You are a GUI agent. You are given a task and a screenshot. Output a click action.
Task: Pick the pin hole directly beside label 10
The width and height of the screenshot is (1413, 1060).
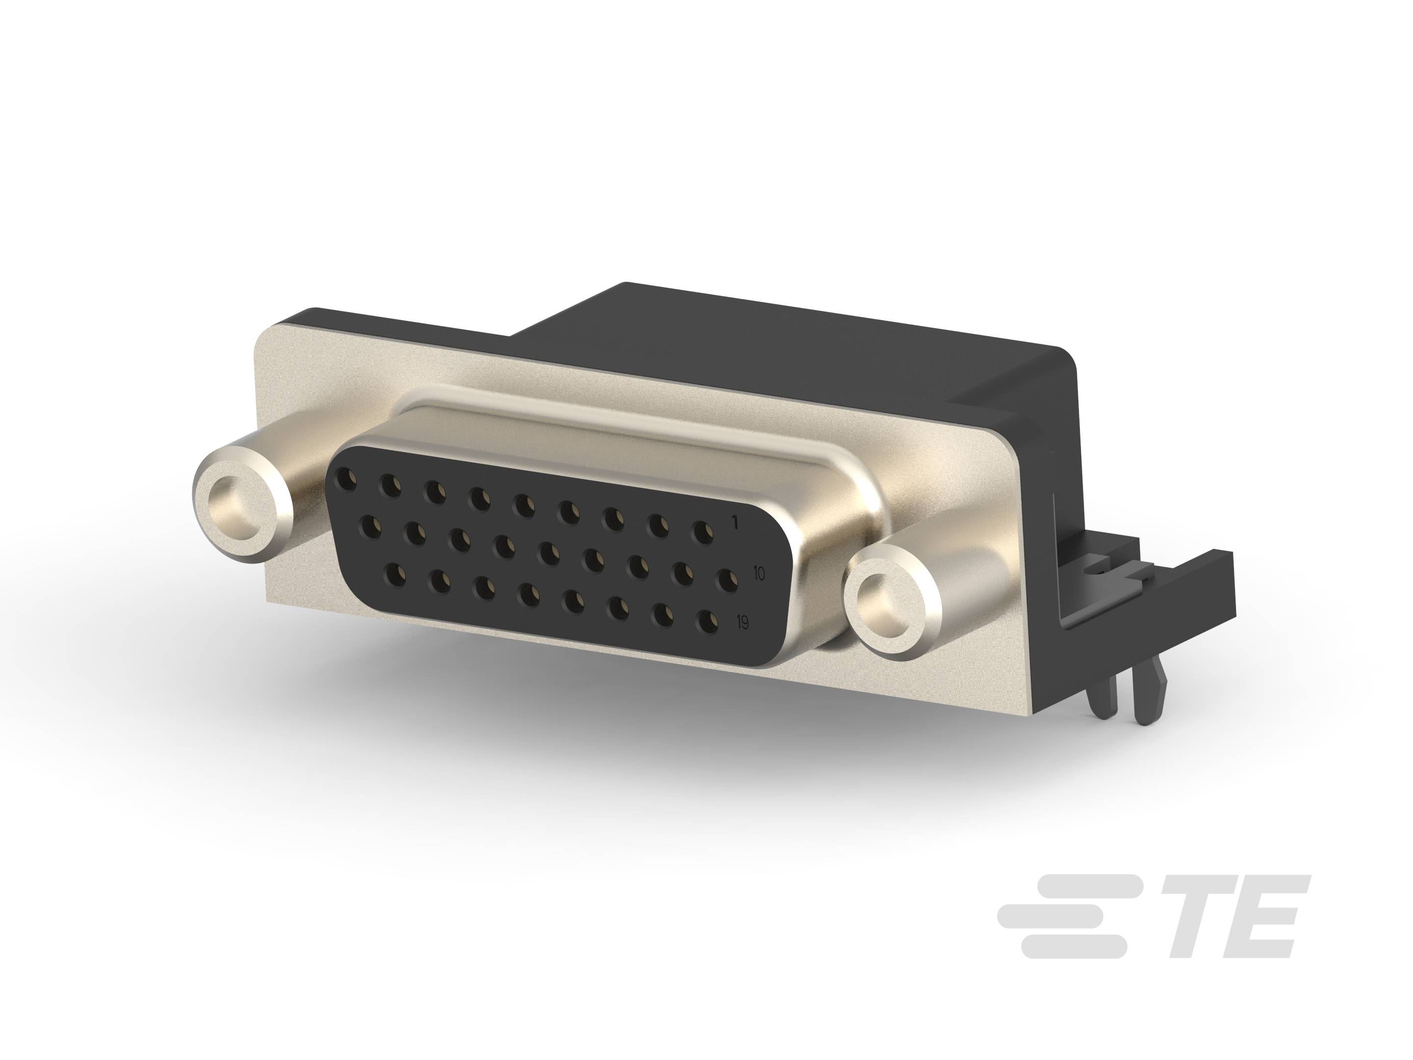[x=726, y=580]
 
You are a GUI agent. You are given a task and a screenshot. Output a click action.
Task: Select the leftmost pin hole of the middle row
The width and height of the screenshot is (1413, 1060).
[x=370, y=528]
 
